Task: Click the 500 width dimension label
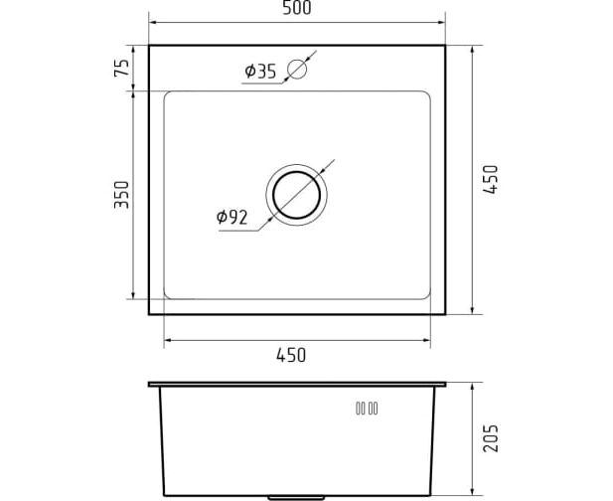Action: [297, 8]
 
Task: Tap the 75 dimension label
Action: [121, 68]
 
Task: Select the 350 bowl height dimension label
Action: [121, 195]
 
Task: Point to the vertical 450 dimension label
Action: [491, 180]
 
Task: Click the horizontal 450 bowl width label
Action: [291, 355]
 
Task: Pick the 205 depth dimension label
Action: [491, 438]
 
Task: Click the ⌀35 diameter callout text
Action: [260, 72]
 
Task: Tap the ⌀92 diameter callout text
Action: [232, 217]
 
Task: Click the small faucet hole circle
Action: [297, 70]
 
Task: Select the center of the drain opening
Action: [297, 195]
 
